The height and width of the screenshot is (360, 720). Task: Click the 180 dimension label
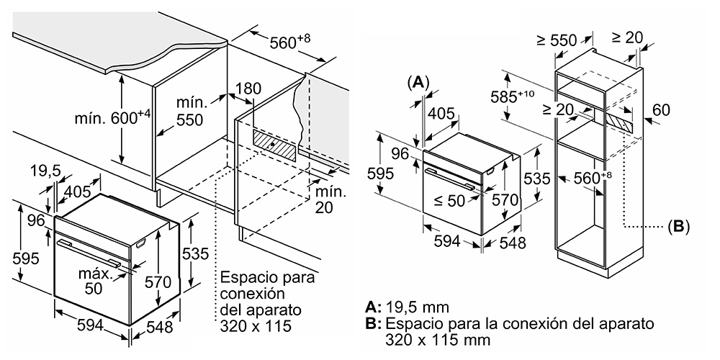point(248,88)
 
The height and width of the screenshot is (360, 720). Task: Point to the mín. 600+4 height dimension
point(112,118)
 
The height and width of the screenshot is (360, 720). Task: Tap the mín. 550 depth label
point(190,112)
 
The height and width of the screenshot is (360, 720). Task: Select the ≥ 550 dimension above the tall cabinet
point(557,40)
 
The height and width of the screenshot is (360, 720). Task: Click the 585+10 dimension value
point(513,96)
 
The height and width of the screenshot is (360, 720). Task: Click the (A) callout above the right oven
point(418,82)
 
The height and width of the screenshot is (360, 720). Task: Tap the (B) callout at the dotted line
point(678,226)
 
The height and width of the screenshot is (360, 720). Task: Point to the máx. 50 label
point(96,281)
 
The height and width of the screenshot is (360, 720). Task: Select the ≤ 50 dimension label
point(449,201)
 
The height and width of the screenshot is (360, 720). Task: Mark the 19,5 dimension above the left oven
point(46,171)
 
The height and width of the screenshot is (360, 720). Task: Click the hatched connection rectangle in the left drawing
point(274,145)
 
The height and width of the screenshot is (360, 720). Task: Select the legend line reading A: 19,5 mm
point(408,307)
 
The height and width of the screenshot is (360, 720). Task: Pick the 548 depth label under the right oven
point(511,243)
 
